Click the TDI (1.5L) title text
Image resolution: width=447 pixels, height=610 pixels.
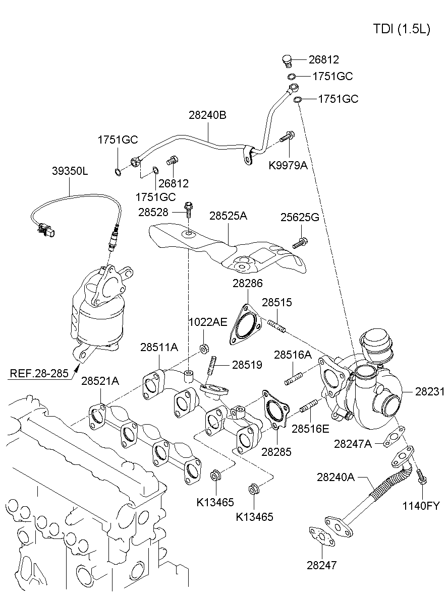click(402, 29)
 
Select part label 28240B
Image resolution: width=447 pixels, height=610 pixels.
click(207, 115)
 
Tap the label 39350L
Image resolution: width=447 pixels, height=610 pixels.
click(70, 171)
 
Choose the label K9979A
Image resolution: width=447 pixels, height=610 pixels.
click(288, 165)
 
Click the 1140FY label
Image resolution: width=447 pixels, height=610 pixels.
click(421, 506)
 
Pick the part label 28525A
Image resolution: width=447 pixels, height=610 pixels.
click(228, 216)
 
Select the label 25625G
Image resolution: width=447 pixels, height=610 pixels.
click(300, 217)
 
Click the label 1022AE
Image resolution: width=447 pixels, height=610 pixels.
click(208, 322)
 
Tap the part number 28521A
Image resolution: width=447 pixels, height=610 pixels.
click(100, 381)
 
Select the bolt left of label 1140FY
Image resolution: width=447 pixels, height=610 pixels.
click(421, 476)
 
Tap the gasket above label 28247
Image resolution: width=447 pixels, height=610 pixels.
click(321, 536)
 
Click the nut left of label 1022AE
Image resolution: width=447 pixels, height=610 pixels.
click(204, 348)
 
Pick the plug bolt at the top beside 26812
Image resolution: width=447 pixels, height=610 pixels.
click(288, 61)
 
